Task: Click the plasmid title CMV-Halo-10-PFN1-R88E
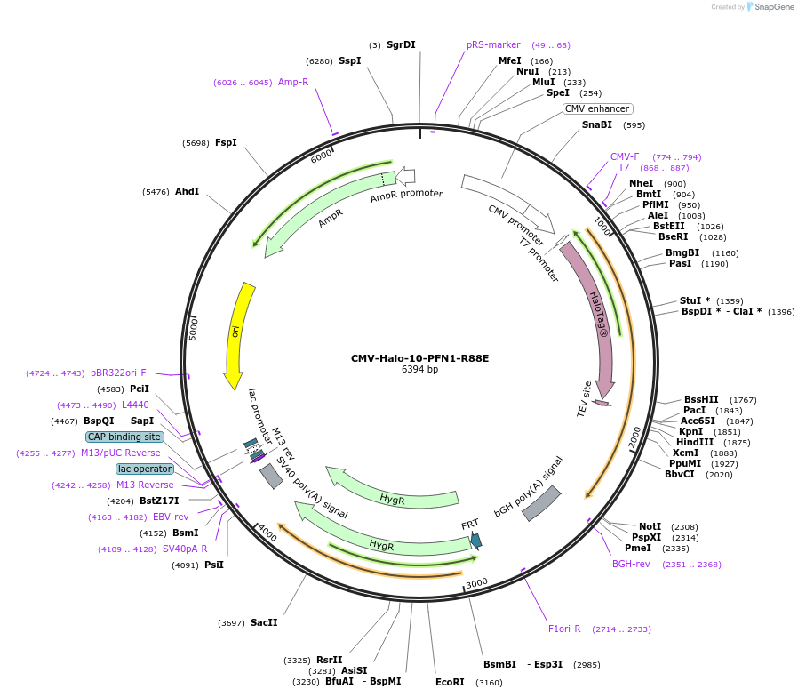click(419, 358)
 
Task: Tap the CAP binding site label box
click(124, 437)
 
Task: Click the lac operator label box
click(145, 469)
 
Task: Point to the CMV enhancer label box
click(597, 108)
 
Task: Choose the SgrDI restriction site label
click(401, 44)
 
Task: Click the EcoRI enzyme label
click(450, 682)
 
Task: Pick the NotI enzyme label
click(650, 527)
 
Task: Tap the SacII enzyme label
click(264, 623)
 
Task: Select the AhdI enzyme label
click(187, 191)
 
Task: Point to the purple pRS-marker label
click(493, 44)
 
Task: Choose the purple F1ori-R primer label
click(564, 629)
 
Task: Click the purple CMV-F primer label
click(625, 156)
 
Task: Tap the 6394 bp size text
click(419, 370)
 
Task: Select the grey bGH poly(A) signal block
click(540, 503)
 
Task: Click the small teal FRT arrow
click(476, 540)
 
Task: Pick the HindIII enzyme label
click(694, 442)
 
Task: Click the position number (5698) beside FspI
click(196, 143)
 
